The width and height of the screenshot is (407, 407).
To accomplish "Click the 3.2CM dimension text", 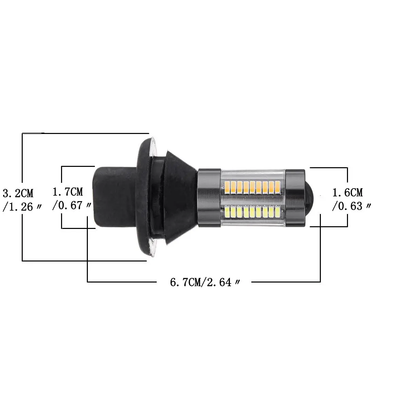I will click(18, 194).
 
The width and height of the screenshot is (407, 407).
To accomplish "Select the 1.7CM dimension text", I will click(68, 192).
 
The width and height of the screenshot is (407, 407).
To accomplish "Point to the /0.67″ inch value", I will click(71, 205).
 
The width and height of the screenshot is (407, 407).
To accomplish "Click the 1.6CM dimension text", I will click(348, 193).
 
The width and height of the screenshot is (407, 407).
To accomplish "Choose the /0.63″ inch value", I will click(351, 206).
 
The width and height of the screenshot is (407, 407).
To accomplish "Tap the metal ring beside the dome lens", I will click(295, 197).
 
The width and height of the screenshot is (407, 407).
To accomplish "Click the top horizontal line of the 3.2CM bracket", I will click(85, 133).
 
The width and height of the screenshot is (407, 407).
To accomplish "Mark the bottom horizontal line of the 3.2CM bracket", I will click(85, 261).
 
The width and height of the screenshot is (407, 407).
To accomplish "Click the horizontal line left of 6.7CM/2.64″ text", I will click(122, 282).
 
